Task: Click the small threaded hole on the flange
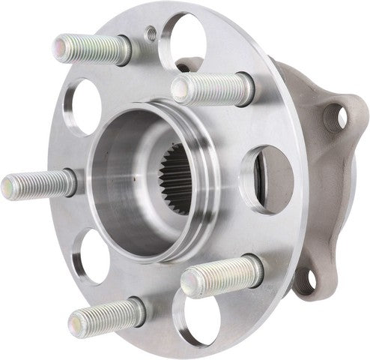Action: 149,32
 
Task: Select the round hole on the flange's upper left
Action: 85,106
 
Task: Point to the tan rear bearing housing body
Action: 315,187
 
